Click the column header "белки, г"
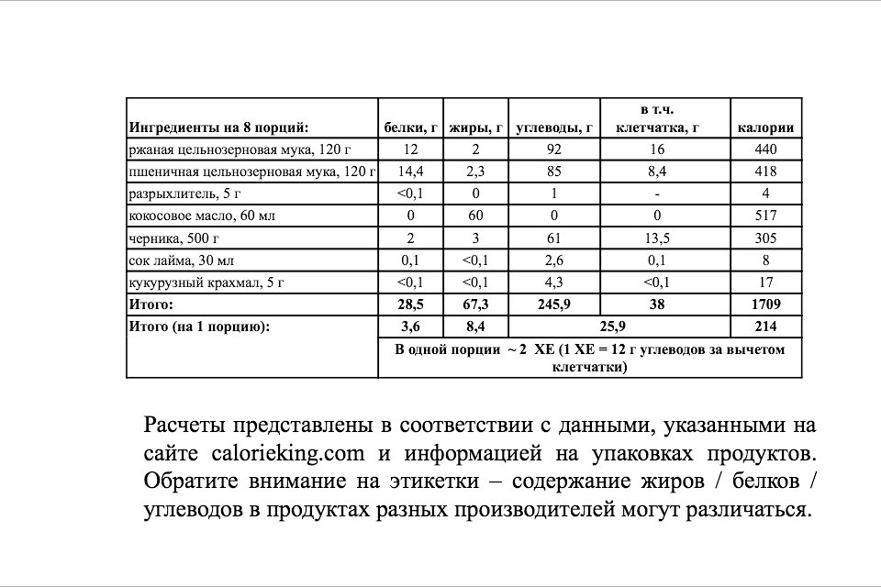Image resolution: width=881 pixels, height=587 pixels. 409,127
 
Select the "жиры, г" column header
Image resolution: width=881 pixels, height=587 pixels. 476,127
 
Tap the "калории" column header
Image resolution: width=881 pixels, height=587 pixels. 765,127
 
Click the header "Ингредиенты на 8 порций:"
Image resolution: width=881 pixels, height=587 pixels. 218,127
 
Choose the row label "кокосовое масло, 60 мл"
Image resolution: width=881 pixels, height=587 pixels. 202,216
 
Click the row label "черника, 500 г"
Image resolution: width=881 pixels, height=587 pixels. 173,238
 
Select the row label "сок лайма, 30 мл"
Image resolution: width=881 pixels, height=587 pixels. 181,260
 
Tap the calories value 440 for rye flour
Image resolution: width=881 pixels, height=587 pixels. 765,150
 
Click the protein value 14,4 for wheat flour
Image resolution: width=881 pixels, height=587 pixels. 409,172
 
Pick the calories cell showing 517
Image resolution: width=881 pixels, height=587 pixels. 765,216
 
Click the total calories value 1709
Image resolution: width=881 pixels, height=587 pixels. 765,304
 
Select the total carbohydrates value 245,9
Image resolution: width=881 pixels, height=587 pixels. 554,304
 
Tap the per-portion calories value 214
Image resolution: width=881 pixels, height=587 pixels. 765,326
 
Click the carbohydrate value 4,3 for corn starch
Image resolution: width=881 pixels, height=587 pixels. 554,282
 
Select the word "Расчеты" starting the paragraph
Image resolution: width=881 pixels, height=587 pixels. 183,426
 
